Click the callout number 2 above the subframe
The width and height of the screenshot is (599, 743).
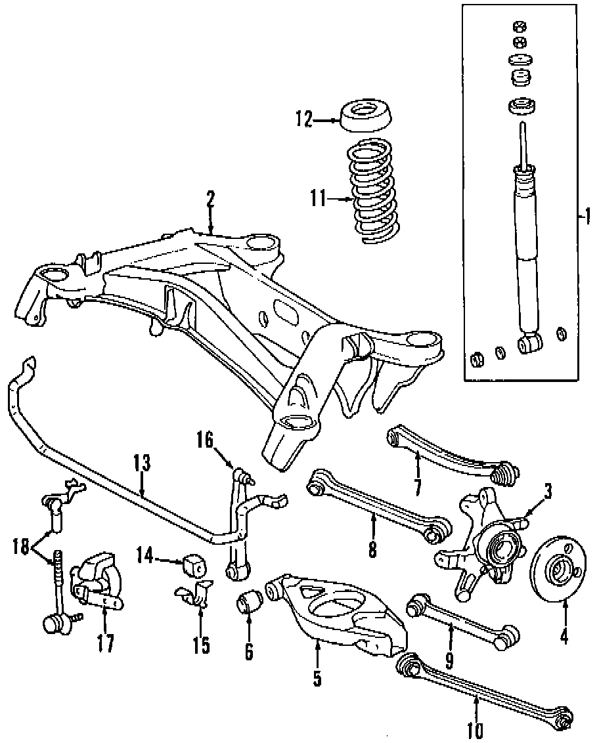tap(210, 200)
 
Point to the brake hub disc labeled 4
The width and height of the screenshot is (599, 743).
tap(559, 571)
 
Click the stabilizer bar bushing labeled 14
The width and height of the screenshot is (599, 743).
tap(195, 563)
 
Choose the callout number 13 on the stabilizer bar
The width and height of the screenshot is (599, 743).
tap(142, 463)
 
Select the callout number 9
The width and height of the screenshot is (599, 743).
tap(450, 658)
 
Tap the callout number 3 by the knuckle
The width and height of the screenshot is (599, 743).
tap(547, 490)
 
